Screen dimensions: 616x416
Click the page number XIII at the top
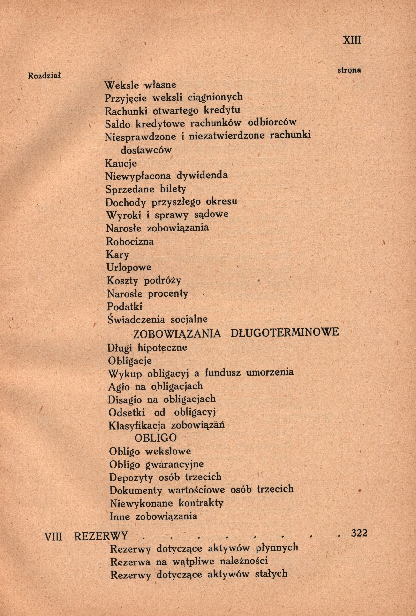pos(352,41)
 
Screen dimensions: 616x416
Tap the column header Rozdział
pos(45,76)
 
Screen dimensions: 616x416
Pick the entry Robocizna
pos(130,241)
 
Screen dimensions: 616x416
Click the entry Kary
pos(118,255)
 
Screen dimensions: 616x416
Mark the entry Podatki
pos(125,307)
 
